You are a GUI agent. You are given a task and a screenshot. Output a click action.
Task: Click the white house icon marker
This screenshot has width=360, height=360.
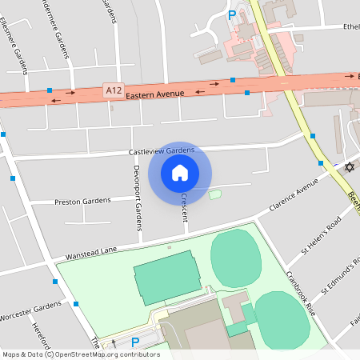180,172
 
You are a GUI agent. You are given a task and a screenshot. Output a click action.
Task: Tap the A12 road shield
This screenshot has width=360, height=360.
114,93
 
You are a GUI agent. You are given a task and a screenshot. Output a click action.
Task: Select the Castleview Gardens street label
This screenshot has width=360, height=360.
162,150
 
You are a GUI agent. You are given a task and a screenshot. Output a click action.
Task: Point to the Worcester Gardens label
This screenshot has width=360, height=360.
31,310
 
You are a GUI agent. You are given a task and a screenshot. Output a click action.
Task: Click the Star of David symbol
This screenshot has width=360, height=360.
348,167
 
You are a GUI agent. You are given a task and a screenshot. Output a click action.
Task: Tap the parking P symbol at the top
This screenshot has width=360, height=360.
233,14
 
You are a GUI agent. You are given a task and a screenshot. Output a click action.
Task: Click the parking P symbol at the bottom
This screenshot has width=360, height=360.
135,342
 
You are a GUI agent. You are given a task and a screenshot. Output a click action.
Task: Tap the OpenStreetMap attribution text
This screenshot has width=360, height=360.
82,354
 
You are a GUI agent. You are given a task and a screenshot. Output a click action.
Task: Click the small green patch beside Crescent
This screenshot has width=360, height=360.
214,194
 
